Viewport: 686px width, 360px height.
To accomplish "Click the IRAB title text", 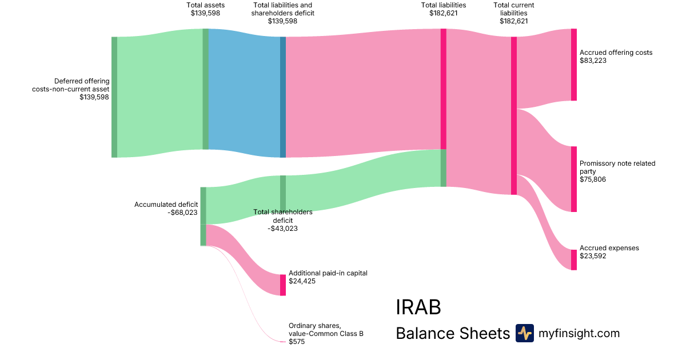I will point(418,307).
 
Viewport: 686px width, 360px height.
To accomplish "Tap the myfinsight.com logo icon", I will point(524,333).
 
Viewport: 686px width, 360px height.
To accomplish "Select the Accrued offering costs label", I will point(616,53).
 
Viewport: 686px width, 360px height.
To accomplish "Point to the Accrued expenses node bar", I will point(573,259).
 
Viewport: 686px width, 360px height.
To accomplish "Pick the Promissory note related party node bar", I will point(573,179).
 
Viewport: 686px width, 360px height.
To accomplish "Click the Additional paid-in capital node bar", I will point(282,285).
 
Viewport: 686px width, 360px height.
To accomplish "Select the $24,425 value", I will point(302,281).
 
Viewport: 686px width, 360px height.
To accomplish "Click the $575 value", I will point(297,342).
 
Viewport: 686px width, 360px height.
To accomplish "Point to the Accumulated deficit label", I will point(166,205).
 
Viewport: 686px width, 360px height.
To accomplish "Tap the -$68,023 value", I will point(182,213).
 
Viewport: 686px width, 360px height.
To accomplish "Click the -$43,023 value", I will point(282,229).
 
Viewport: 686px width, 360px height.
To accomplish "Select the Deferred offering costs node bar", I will point(114,97).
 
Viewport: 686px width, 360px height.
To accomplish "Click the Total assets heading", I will point(205,5).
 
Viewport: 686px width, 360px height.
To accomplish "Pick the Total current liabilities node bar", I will point(513,115).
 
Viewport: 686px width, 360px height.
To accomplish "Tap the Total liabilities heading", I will point(443,5).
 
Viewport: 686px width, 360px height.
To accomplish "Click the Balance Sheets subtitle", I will point(452,333).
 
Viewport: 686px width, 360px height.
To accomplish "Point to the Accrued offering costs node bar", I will point(573,65).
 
